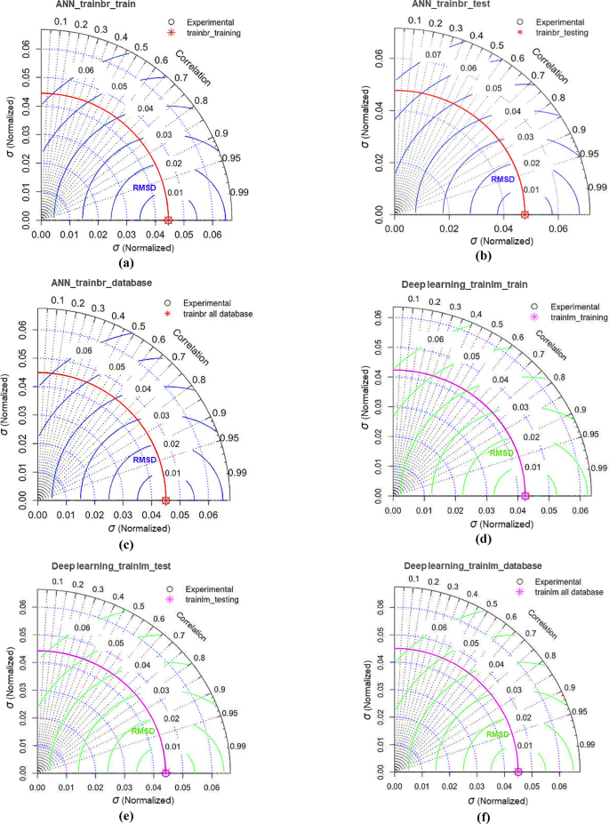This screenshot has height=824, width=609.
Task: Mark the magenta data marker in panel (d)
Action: pos(525,495)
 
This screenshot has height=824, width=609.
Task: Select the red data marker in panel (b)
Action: pos(525,214)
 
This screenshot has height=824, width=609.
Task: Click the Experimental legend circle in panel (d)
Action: pos(535,305)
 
